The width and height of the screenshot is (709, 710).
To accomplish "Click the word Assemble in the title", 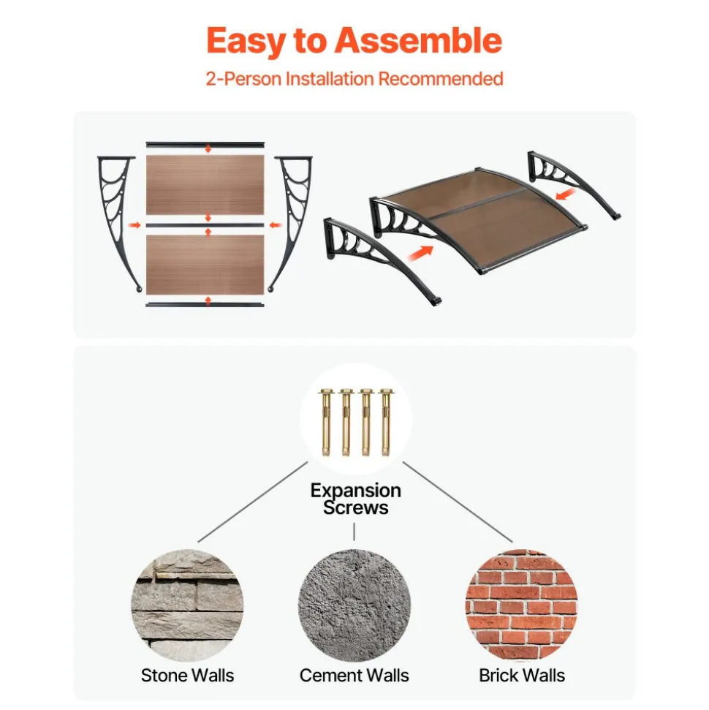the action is point(418,41).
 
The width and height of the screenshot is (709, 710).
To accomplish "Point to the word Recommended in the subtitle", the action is point(441,79).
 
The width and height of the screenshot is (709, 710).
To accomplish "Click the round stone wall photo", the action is point(187,605).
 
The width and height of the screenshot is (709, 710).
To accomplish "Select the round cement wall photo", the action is point(354,605).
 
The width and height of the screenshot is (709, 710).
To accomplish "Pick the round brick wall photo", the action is point(522,605).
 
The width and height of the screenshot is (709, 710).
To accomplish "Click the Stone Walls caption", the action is point(187,675).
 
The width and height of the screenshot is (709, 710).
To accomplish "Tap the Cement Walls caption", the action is point(354,675).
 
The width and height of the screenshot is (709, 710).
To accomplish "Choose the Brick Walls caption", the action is point(522,675).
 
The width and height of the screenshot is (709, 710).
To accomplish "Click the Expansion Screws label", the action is point(356,499).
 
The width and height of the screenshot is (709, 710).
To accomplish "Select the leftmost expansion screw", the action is point(326,422).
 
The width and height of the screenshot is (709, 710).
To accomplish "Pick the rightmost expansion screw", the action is point(386,422).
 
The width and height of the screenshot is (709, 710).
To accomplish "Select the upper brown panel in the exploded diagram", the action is point(205,185).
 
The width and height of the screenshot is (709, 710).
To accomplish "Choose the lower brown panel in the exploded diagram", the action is point(205,265).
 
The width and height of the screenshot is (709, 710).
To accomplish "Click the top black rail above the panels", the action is point(205,145).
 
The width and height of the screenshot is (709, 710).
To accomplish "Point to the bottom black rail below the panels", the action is point(205,305).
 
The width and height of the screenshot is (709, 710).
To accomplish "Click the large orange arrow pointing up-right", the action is point(420,253).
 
